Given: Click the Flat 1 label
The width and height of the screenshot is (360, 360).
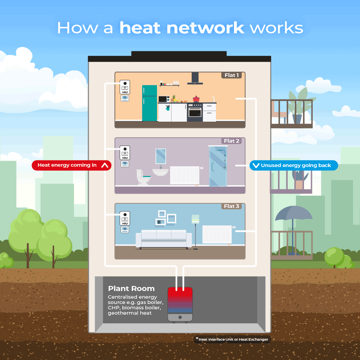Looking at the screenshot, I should point(231,75).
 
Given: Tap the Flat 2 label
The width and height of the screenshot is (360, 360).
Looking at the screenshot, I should point(231,141).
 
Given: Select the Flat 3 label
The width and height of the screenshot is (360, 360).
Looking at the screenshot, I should point(231,206).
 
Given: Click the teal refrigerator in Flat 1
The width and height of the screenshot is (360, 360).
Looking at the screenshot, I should point(149,103).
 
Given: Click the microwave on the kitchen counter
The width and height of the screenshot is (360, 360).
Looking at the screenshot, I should point(164,99).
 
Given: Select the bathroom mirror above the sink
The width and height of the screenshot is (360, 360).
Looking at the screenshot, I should point(161,156).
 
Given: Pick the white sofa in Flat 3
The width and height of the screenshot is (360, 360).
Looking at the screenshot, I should point(164,238).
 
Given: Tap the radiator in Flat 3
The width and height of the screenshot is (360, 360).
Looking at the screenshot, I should point(217,234).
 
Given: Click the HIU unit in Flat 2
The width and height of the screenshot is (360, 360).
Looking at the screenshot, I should point(125,153).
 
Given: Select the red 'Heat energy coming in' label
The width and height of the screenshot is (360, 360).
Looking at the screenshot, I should point(71,165).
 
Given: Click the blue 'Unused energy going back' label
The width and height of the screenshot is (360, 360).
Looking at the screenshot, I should point(294,165).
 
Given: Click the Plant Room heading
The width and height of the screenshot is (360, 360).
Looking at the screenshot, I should point(131,289).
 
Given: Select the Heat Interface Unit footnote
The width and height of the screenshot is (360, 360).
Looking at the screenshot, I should point(232,339).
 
